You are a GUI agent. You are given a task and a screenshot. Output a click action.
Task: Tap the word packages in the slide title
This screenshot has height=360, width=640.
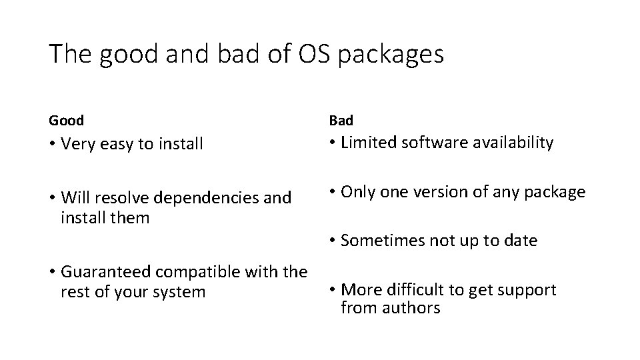[x=391, y=55]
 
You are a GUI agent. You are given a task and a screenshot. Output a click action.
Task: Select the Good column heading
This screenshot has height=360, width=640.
[x=66, y=121]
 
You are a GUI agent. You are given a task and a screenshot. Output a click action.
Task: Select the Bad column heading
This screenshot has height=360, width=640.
[x=341, y=121]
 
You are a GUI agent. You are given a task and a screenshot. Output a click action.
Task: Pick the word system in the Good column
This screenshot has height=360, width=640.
[x=181, y=292]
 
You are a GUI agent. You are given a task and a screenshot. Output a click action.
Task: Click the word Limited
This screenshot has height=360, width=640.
[x=368, y=142]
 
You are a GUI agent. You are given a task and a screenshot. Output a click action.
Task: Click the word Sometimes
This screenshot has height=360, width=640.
[x=382, y=241]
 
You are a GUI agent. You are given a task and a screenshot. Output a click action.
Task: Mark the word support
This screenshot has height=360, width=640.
[x=526, y=290]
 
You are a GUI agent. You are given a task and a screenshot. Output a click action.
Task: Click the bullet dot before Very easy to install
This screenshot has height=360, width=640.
[x=52, y=144]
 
